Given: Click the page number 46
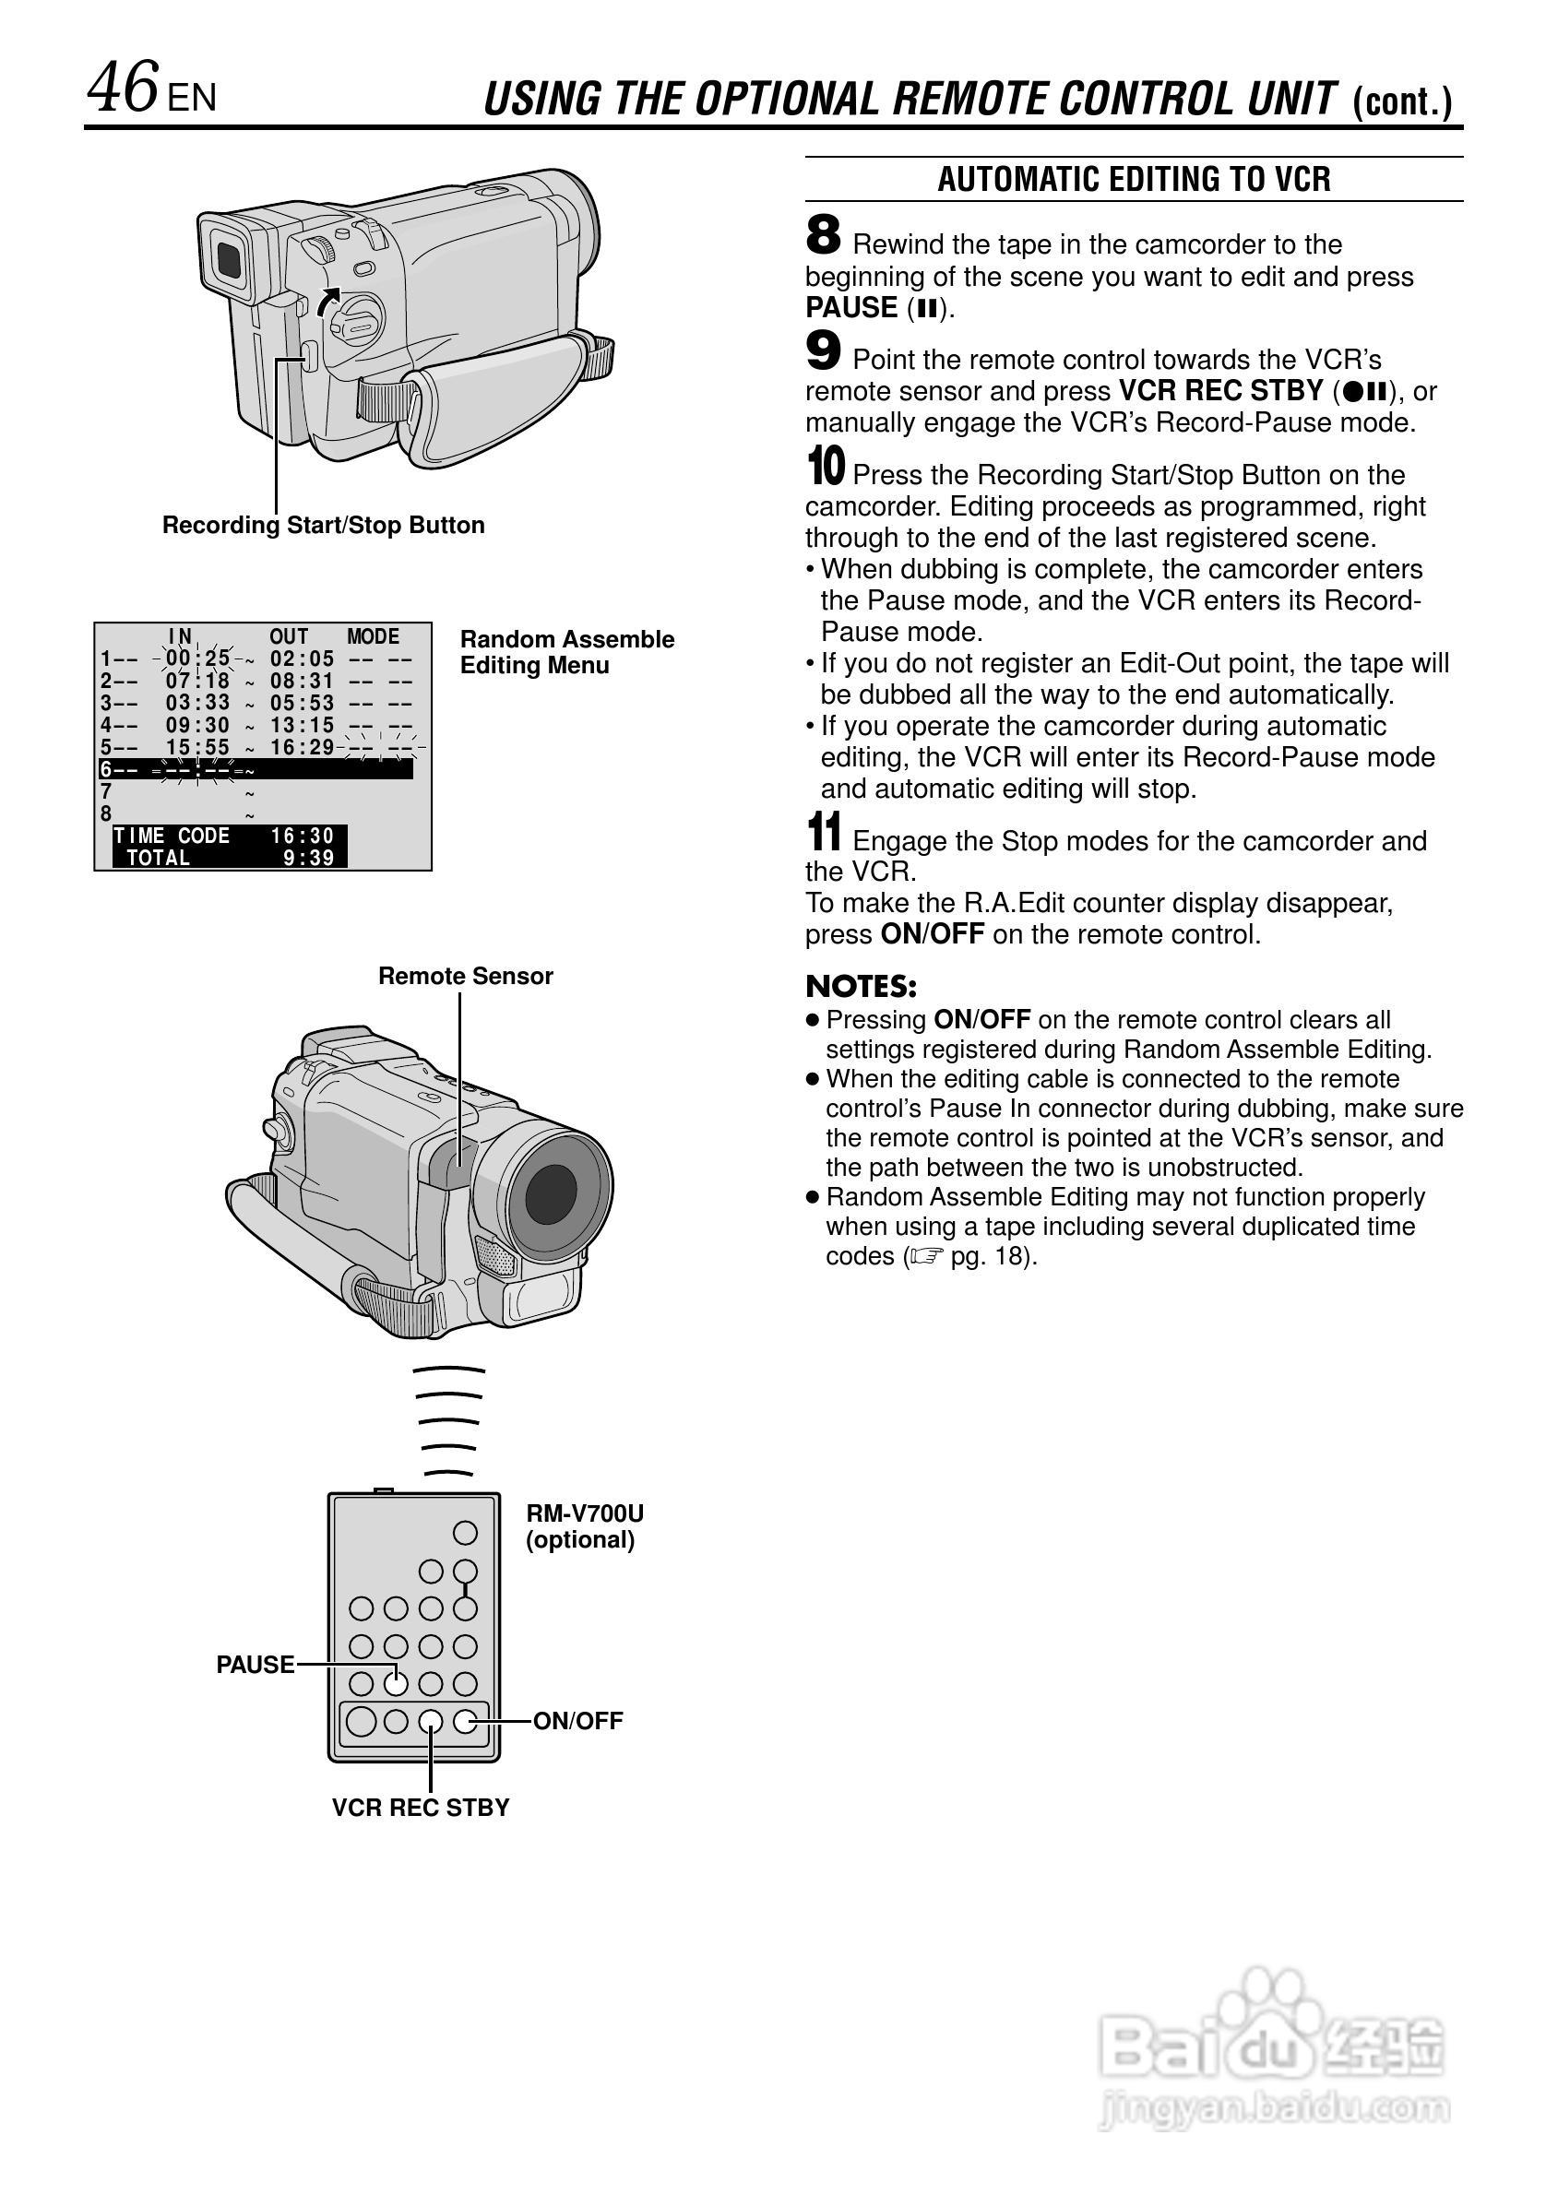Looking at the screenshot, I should (123, 88).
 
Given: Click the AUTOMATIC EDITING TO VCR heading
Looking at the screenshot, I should (1133, 179).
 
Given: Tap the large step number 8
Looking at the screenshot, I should (823, 235).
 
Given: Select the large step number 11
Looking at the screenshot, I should (824, 832).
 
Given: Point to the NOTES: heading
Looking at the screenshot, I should (861, 987).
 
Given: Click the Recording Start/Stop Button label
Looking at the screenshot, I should (323, 525).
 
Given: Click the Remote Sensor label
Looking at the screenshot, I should (466, 976).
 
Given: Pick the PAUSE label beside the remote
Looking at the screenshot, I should (256, 1665).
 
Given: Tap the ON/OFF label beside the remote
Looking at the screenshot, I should (577, 1721).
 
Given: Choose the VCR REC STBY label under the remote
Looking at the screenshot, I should (421, 1807).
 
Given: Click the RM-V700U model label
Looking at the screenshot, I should (584, 1513).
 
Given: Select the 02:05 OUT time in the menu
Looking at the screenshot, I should (303, 658).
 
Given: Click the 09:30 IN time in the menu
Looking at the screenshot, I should (198, 726).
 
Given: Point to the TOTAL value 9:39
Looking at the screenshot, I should (308, 859).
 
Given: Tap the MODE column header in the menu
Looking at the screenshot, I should (373, 636).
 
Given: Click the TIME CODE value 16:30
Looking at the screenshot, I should (303, 836).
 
